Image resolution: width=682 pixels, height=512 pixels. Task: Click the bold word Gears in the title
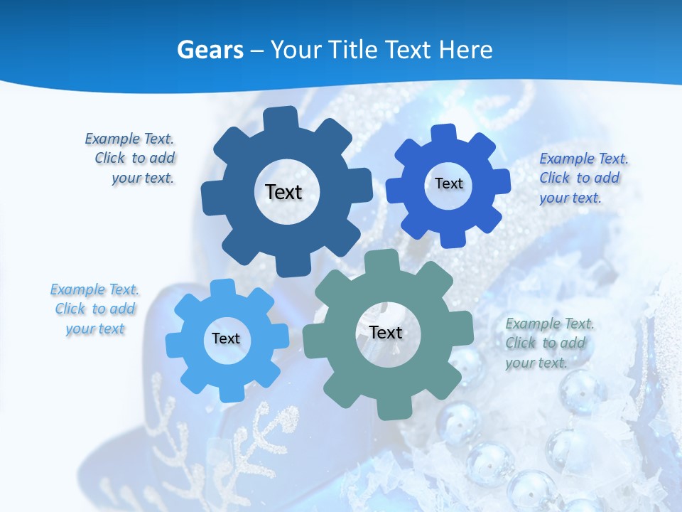[210, 50]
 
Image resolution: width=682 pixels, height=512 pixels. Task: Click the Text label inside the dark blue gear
[283, 192]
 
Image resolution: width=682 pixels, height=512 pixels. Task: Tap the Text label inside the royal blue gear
[448, 183]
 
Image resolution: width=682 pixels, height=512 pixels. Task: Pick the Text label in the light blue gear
[226, 338]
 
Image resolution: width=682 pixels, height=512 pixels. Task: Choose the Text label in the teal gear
[386, 332]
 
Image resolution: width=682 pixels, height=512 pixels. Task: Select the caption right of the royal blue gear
[583, 178]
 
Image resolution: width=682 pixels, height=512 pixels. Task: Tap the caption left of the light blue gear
[94, 309]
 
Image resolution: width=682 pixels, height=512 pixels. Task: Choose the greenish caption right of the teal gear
[548, 343]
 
